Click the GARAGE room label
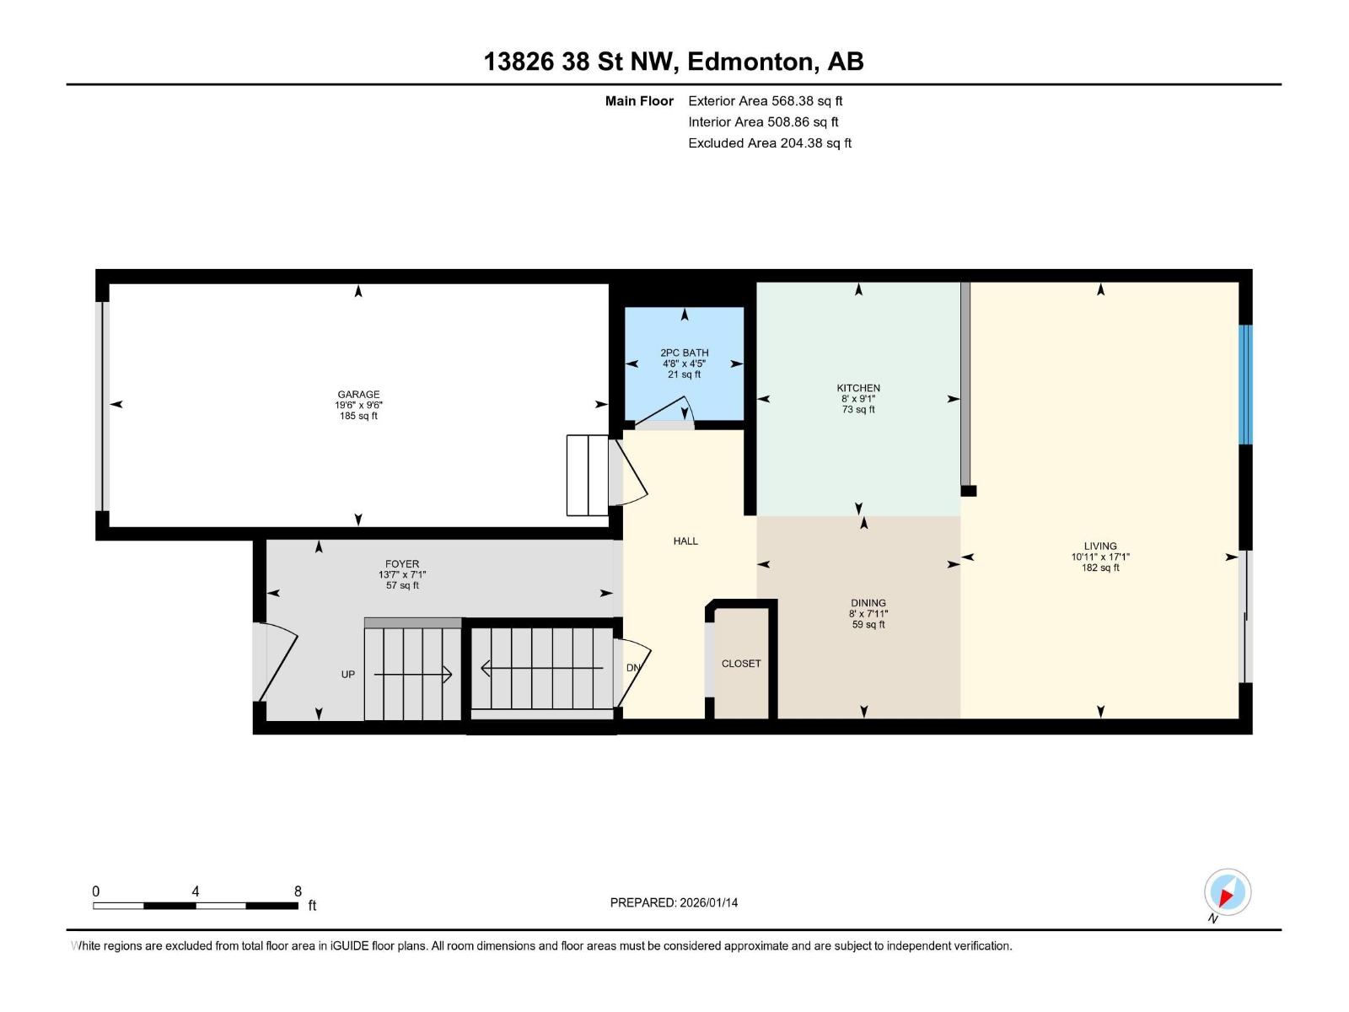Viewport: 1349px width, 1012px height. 358,394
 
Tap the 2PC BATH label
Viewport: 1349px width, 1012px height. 684,353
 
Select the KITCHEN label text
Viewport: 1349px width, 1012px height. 858,388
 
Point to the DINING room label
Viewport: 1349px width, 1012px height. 868,603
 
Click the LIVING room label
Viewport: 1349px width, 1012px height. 1100,546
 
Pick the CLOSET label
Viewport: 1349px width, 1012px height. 741,664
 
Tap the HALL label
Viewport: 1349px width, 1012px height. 685,541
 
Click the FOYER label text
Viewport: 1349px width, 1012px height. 402,564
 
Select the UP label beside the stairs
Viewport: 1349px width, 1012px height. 347,675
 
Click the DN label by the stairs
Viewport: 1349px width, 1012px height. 633,668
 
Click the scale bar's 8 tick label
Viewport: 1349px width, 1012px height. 298,891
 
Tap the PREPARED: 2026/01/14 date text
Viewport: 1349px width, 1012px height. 674,902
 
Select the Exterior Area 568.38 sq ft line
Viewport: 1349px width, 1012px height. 765,101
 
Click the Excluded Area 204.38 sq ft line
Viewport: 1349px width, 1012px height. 769,143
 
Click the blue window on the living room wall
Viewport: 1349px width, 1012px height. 1245,385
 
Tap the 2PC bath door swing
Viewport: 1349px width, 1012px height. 666,416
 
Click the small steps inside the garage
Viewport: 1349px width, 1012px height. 588,475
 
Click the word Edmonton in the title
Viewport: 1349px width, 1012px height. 752,62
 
